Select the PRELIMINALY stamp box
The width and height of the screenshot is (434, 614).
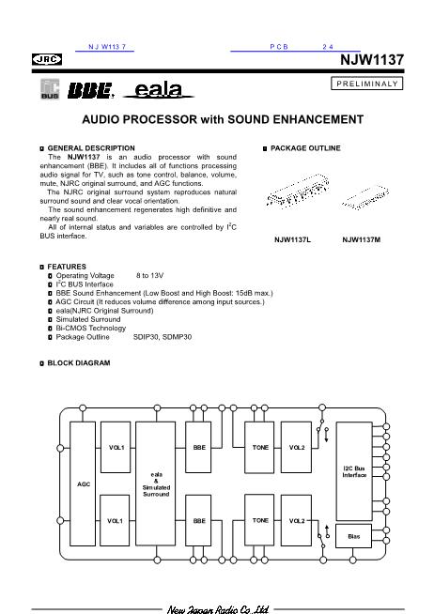[x=367, y=84]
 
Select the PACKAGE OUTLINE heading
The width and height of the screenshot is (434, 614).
[x=304, y=148]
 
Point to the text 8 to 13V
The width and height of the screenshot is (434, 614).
[x=151, y=275]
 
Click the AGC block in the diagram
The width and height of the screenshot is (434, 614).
[x=84, y=483]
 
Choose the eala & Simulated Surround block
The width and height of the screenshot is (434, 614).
[x=156, y=483]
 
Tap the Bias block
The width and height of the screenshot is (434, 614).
[x=354, y=536]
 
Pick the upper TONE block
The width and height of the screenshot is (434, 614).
[x=260, y=447]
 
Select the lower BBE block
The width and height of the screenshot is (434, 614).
[x=199, y=519]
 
